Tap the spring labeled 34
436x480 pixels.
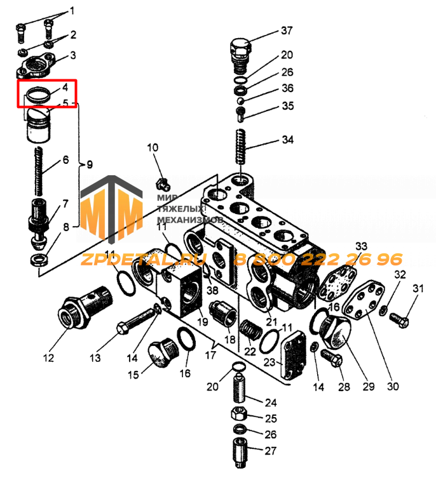click(241, 150)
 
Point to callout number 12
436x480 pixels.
click(48, 357)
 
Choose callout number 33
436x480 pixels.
click(361, 246)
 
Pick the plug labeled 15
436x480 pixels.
click(158, 352)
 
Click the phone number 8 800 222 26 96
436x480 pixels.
click(318, 260)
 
